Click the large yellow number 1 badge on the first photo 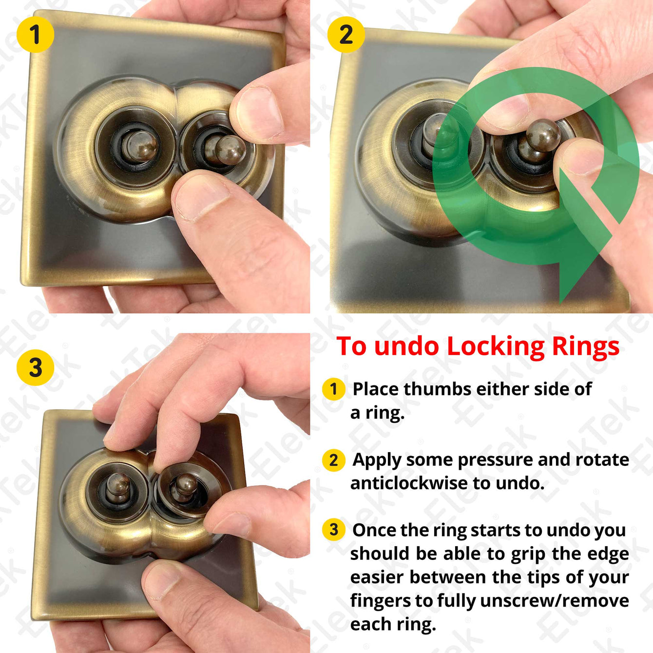(x=35, y=35)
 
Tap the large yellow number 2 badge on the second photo (x=346, y=35)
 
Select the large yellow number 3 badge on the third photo (x=35, y=367)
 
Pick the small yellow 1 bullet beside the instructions (x=333, y=389)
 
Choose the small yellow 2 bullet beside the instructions (x=333, y=460)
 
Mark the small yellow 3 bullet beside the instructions (x=333, y=529)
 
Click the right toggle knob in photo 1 (x=230, y=150)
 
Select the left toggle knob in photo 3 (x=117, y=486)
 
